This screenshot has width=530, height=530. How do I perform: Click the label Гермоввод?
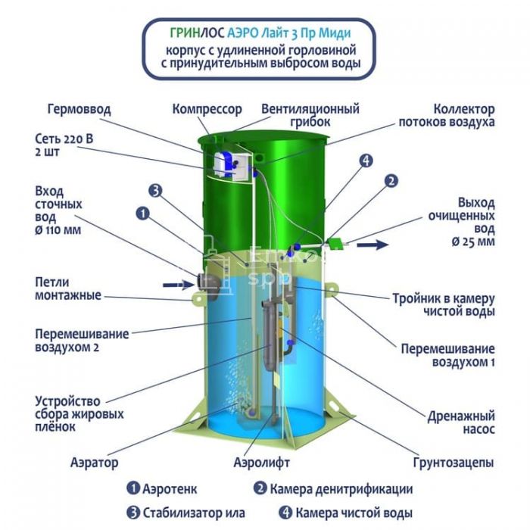pyautogui.click(x=79, y=109)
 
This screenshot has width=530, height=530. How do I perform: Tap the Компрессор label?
pyautogui.click(x=207, y=110)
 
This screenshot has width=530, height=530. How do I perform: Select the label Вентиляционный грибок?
pyautogui.click(x=310, y=115)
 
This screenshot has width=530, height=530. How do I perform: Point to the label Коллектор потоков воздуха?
pyautogui.click(x=447, y=115)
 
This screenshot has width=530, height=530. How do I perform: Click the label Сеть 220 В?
pyautogui.click(x=64, y=139)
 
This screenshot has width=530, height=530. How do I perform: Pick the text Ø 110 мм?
pyautogui.click(x=58, y=230)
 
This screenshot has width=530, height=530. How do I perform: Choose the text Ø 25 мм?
pyautogui.click(x=473, y=242)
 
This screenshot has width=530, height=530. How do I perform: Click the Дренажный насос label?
pyautogui.click(x=461, y=422)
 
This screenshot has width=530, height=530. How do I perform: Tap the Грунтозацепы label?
pyautogui.click(x=454, y=463)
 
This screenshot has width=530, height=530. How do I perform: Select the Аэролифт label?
pyautogui.click(x=262, y=462)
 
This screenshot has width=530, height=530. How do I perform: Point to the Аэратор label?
pyautogui.click(x=95, y=462)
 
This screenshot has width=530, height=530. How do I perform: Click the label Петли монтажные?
pyautogui.click(x=68, y=288)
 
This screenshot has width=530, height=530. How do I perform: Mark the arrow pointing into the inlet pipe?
pyautogui.click(x=178, y=285)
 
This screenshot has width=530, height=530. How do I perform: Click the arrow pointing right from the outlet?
pyautogui.click(x=373, y=245)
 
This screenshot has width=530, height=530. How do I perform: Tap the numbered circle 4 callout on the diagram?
pyautogui.click(x=366, y=161)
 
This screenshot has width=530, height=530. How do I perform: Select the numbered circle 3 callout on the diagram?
pyautogui.click(x=155, y=191)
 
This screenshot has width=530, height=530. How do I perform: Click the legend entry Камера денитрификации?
pyautogui.click(x=333, y=489)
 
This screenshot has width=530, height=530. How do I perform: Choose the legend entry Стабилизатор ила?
pyautogui.click(x=185, y=513)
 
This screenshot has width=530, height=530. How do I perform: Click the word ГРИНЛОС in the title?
pyautogui.click(x=197, y=33)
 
